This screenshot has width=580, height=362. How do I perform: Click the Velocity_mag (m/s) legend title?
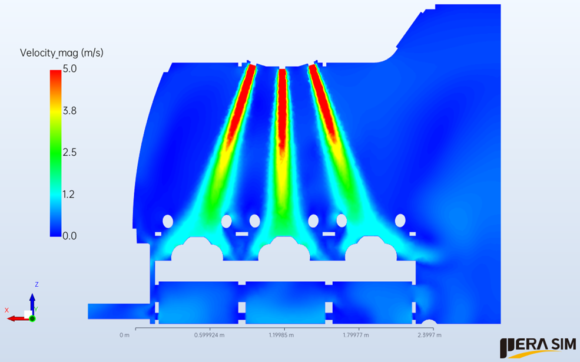(62, 53)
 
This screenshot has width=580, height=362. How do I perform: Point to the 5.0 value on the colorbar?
(69, 68)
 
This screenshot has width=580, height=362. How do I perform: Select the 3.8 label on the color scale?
(69, 110)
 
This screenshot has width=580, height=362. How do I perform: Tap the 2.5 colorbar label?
(69, 152)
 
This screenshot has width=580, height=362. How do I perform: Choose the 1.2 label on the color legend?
(69, 194)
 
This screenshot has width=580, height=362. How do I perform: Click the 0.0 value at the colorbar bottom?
(69, 236)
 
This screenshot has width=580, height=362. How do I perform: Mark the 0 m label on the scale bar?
(125, 335)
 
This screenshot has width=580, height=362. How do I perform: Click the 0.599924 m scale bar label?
(210, 335)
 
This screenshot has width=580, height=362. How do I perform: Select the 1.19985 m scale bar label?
(281, 335)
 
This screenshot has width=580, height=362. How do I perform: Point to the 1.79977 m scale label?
(356, 335)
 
